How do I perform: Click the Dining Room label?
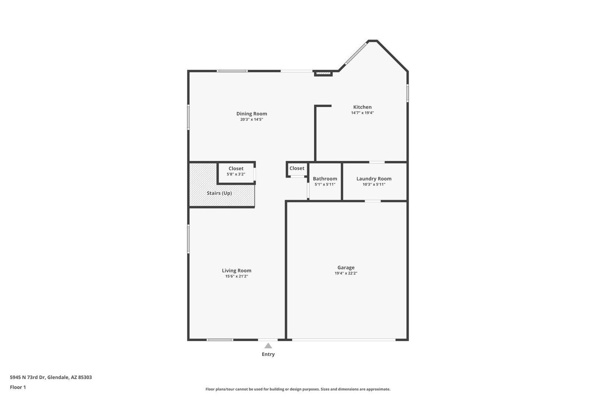251,114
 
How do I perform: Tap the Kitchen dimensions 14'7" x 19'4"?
362,113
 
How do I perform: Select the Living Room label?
237,271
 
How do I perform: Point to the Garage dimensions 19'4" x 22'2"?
346,273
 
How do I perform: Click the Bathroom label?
325,179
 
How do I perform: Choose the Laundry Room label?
374,179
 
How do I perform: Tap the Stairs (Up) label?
219,193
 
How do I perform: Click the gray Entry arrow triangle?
268,346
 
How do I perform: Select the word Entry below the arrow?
268,354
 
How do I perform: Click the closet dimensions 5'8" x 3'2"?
236,174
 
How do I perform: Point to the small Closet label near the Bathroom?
297,168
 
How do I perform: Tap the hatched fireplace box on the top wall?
323,73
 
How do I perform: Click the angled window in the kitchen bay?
355,54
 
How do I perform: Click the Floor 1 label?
18,387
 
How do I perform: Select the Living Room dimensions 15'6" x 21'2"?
237,276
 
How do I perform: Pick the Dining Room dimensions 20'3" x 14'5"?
251,120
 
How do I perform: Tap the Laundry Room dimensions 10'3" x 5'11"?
374,184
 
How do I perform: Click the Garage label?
346,267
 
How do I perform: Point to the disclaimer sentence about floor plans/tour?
298,389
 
